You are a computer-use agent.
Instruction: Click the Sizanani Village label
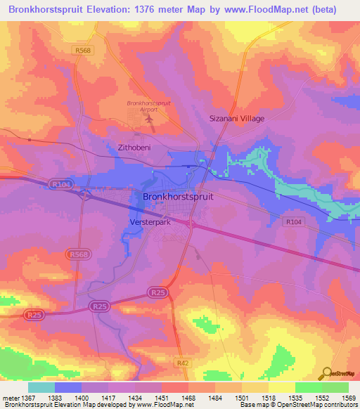237,119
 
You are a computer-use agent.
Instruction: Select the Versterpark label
150,221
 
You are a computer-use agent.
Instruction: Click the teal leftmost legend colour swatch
41,387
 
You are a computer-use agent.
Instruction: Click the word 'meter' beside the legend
11,398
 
